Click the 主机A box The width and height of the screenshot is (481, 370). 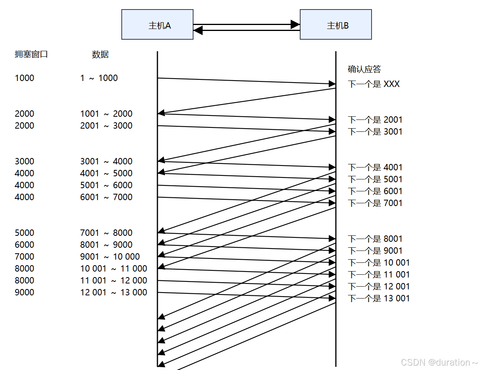(x=157, y=25)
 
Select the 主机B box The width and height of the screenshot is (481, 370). (x=335, y=25)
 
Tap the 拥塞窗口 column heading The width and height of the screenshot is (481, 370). (x=31, y=54)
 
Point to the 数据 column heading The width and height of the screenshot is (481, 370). (x=100, y=55)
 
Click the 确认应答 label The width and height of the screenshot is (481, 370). (x=364, y=69)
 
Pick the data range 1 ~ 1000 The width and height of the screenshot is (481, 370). (x=99, y=78)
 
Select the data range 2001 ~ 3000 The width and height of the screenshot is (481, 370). (x=106, y=126)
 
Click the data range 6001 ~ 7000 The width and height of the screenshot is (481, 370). (x=106, y=197)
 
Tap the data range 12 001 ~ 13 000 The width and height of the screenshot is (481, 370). (x=113, y=293)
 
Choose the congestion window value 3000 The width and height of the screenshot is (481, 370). (x=25, y=162)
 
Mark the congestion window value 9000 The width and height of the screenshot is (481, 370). (x=25, y=293)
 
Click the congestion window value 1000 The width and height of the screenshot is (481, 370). (x=25, y=78)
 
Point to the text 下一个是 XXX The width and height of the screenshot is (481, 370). (x=374, y=84)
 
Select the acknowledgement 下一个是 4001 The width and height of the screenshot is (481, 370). (x=375, y=168)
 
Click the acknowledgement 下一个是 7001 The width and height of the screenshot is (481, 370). (x=375, y=203)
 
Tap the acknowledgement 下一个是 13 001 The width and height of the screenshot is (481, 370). (x=379, y=299)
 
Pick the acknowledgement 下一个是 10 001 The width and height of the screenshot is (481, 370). (x=379, y=263)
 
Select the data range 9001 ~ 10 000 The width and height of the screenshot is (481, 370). (x=110, y=257)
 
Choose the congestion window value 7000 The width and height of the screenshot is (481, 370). (x=25, y=257)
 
